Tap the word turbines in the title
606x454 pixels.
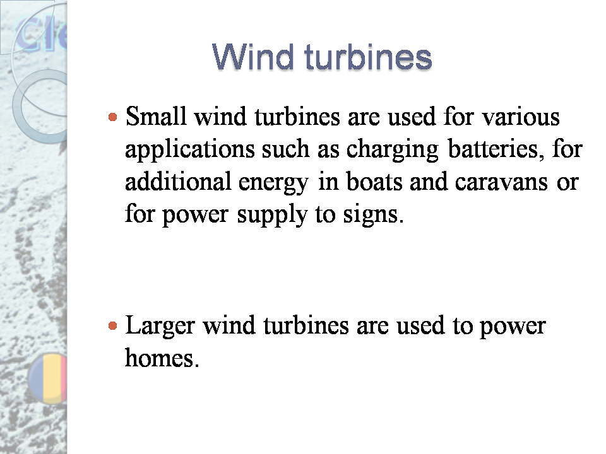point(368,57)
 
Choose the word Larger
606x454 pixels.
point(162,327)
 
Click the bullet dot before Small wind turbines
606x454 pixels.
point(112,117)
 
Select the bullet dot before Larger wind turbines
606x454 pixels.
point(112,326)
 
